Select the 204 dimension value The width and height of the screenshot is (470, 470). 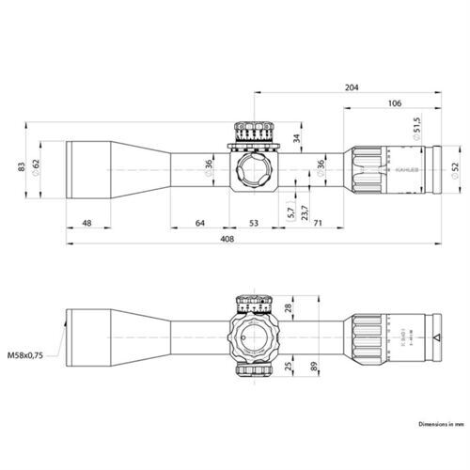(x=352, y=87)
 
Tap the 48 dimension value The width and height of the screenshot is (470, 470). (x=86, y=223)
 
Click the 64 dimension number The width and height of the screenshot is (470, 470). (x=200, y=223)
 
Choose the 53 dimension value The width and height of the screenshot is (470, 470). (x=253, y=223)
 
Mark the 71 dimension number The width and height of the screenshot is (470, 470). (x=319, y=223)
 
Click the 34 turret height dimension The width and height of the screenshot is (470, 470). (x=298, y=140)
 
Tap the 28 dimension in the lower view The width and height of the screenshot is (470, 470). (x=289, y=307)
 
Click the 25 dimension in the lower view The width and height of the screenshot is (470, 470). (x=289, y=362)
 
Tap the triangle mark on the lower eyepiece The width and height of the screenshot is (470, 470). (x=438, y=336)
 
